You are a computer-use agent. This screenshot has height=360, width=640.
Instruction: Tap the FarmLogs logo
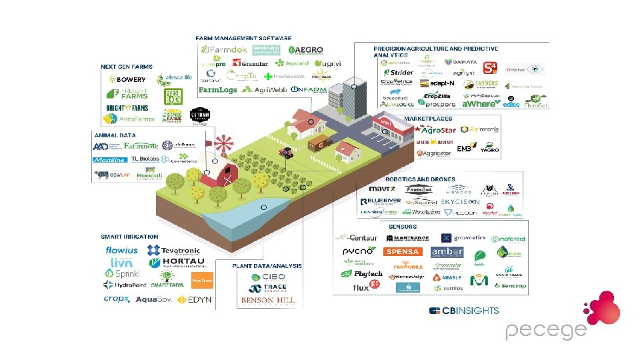point(217,89)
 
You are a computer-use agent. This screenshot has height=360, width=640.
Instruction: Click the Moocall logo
point(149,175)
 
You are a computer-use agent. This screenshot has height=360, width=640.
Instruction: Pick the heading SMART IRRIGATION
point(129,237)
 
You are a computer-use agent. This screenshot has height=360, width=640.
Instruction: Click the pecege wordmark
point(545,330)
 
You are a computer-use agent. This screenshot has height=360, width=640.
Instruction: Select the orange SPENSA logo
point(402,251)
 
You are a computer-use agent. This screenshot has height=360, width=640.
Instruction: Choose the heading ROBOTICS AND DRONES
point(420,179)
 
